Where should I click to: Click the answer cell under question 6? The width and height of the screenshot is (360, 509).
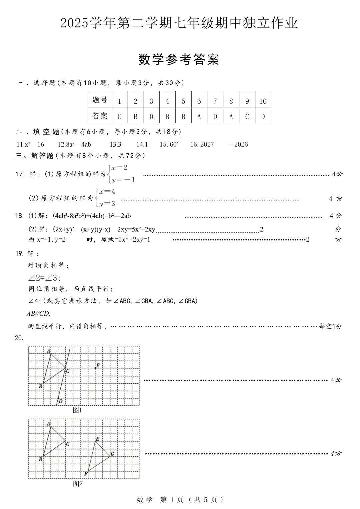point(199,116)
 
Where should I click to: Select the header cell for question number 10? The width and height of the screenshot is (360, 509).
point(263,101)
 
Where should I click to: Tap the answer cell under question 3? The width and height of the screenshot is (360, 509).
point(151,116)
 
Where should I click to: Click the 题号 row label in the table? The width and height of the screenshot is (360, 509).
point(100,100)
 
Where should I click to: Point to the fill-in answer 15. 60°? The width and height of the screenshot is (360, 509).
point(169,144)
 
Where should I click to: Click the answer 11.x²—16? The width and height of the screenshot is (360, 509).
point(30,144)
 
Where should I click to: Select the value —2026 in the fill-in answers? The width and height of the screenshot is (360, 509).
point(237,144)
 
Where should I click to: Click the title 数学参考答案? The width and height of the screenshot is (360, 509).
point(179,60)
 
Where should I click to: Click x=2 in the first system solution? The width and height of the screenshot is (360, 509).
point(120,168)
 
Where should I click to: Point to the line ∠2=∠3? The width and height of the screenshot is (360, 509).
point(44,278)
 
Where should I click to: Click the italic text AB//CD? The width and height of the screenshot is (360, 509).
point(39,313)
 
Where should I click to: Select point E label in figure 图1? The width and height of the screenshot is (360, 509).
point(98,366)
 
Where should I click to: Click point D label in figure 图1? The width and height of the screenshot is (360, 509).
point(60,401)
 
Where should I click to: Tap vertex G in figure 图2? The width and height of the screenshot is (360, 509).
point(112,454)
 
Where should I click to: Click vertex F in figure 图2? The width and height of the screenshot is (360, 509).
point(86,474)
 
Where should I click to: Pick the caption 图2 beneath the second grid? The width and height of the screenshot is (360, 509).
point(78,484)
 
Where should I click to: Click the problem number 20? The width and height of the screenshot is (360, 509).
point(19,338)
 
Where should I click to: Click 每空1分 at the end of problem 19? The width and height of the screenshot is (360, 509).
point(330,326)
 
